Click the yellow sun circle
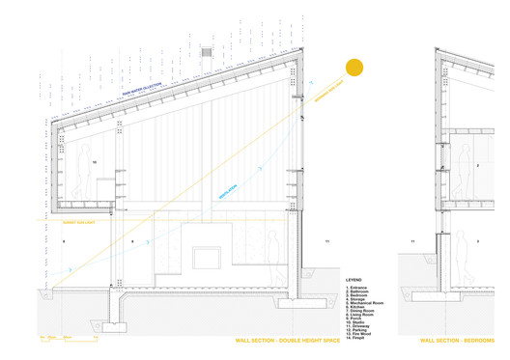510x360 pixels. (354, 68)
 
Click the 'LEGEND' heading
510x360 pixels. (354, 280)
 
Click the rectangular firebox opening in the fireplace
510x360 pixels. (207, 257)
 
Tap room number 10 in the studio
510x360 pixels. (95, 163)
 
